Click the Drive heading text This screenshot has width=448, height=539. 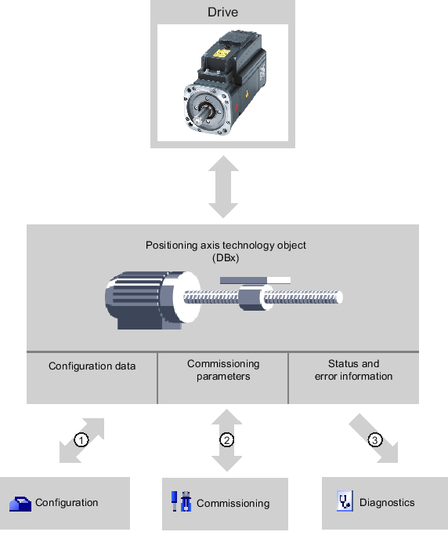point(222,13)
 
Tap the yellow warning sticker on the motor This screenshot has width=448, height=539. point(221,53)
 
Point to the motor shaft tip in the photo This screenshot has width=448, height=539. point(198,122)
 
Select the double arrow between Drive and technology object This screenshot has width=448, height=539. point(223,187)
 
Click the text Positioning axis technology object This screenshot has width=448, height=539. point(226,246)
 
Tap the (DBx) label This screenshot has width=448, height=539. point(226,258)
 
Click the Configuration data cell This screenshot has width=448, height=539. point(92,378)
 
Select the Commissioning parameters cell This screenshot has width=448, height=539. point(223,378)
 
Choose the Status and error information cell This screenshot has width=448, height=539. point(354,378)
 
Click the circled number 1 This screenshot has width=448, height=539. point(81,440)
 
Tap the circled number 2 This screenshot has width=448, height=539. point(227,440)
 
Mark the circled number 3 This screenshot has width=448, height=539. point(375,440)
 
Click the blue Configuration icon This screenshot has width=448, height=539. point(20,504)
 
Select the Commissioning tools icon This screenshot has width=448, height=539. point(182,501)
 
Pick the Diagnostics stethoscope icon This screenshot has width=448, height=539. point(345,501)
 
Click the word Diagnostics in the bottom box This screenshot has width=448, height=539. point(387,503)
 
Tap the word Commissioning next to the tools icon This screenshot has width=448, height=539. point(233,504)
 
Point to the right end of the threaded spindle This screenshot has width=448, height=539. point(340,297)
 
